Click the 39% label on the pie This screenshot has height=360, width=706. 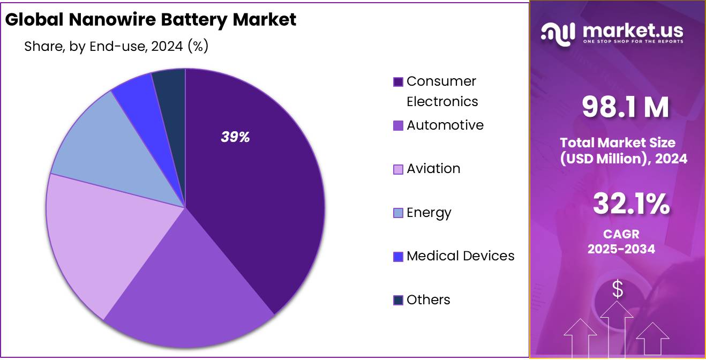click(235, 137)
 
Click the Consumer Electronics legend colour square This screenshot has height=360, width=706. click(398, 82)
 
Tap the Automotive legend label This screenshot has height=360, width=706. click(445, 125)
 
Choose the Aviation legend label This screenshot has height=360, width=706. click(433, 169)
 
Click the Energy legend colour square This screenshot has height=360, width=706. click(398, 213)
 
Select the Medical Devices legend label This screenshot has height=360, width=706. click(460, 256)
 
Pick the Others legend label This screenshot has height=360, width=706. click(428, 300)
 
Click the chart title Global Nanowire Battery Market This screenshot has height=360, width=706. click(151, 20)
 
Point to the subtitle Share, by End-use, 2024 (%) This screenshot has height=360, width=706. click(116, 47)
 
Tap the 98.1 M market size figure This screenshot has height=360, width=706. click(625, 107)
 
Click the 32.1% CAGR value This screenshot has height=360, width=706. click(631, 204)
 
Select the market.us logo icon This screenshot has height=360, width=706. click(558, 33)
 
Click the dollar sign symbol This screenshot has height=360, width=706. click(618, 290)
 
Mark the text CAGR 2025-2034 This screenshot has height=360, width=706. click(621, 242)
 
